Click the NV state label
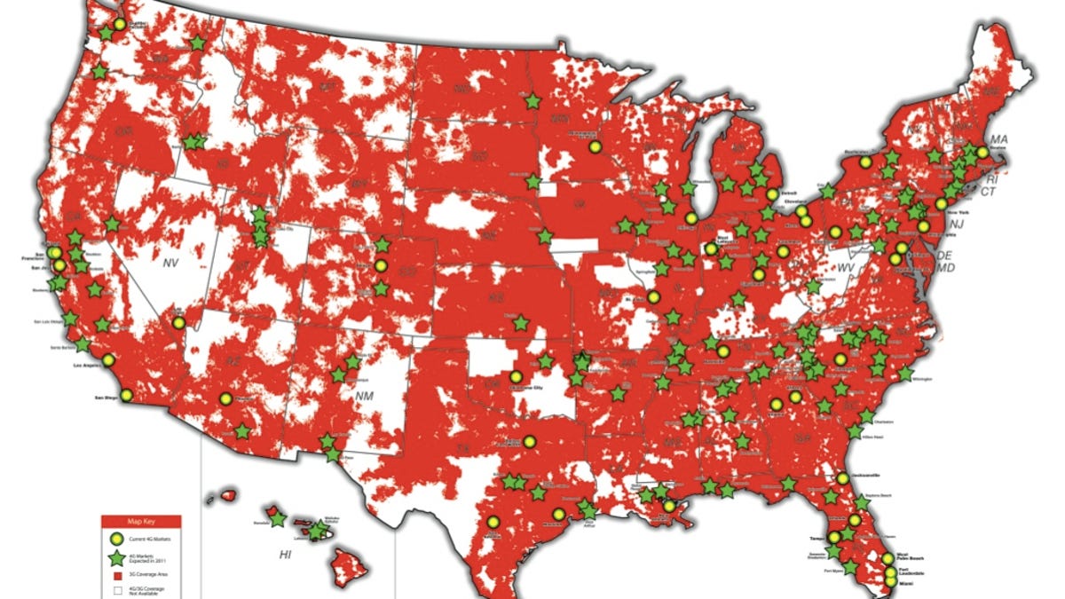(171, 263)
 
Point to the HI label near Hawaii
(285, 555)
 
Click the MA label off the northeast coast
(999, 139)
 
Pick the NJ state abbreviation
(956, 225)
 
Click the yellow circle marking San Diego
(127, 395)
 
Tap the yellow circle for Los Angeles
(108, 360)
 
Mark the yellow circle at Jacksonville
(841, 478)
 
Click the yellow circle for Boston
(982, 152)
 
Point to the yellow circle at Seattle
(120, 24)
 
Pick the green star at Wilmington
(905, 374)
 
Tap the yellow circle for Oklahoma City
(517, 377)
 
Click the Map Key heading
(141, 522)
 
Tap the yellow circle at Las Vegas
(177, 324)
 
